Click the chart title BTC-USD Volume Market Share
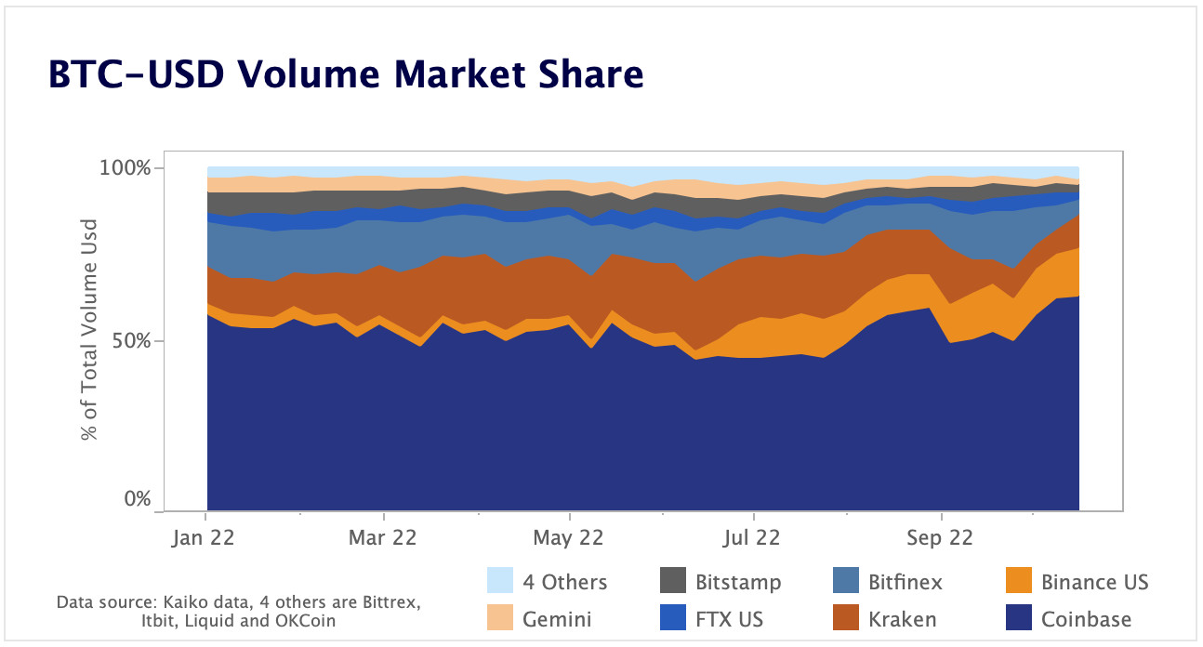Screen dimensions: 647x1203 [x=345, y=75]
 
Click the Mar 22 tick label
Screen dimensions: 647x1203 [x=383, y=537]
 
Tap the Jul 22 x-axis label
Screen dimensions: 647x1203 [x=751, y=537]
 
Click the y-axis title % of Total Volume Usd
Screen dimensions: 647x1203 [x=89, y=329]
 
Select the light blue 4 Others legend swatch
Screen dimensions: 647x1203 [x=500, y=581]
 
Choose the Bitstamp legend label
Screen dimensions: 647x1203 [x=738, y=583]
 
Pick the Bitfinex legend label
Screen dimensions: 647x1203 [x=905, y=583]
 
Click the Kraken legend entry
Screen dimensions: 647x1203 [x=902, y=618]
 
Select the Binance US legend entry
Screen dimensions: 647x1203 [x=1094, y=583]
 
